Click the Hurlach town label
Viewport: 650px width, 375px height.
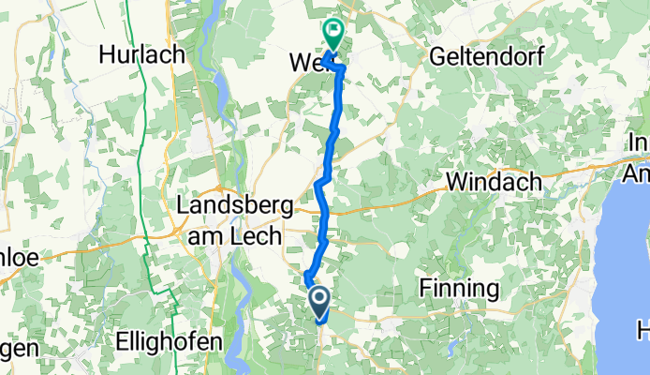pos(143,55)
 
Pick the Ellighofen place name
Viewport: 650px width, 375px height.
pos(172,341)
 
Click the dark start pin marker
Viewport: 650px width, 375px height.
pos(318,303)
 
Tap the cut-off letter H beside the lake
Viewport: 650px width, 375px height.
pos(643,330)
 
